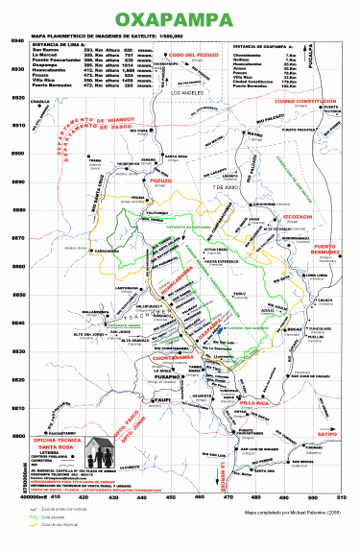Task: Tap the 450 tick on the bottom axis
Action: coord(171,497)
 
